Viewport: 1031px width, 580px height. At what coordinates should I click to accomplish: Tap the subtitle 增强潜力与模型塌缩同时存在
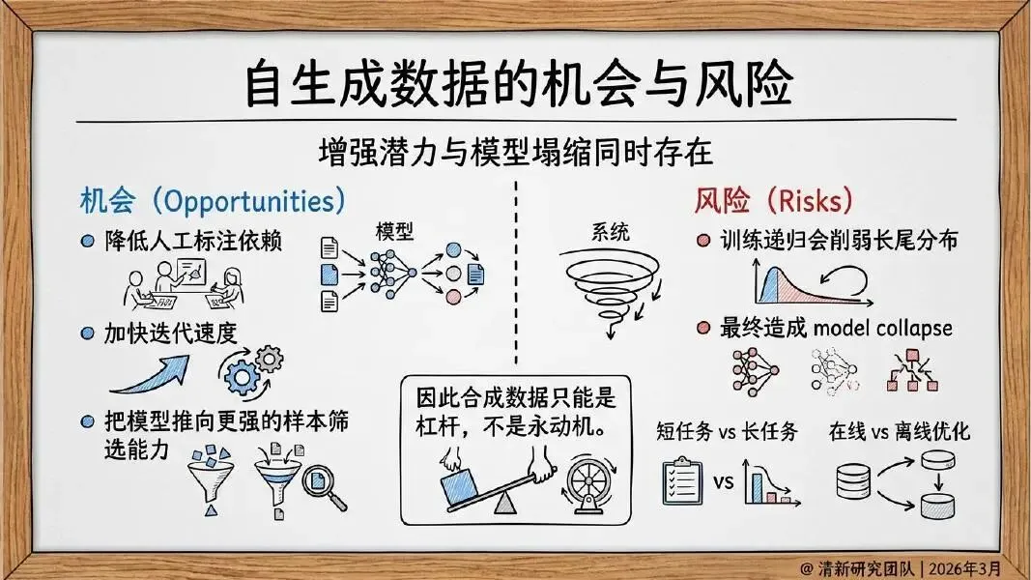(x=515, y=152)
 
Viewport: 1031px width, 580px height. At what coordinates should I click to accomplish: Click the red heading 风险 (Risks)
(x=773, y=201)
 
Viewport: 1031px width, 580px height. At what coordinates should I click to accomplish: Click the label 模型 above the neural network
(x=394, y=232)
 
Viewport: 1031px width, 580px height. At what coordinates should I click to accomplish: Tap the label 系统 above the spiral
(x=610, y=232)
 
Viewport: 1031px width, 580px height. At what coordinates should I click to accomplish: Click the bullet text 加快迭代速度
(x=171, y=333)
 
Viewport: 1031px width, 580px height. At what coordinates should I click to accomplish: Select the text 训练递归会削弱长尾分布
(x=837, y=242)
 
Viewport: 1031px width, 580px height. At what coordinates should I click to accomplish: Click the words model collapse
(x=882, y=329)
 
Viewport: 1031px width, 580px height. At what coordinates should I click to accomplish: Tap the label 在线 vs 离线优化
(x=899, y=432)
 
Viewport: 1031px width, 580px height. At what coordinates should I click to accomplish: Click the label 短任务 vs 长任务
(x=728, y=432)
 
